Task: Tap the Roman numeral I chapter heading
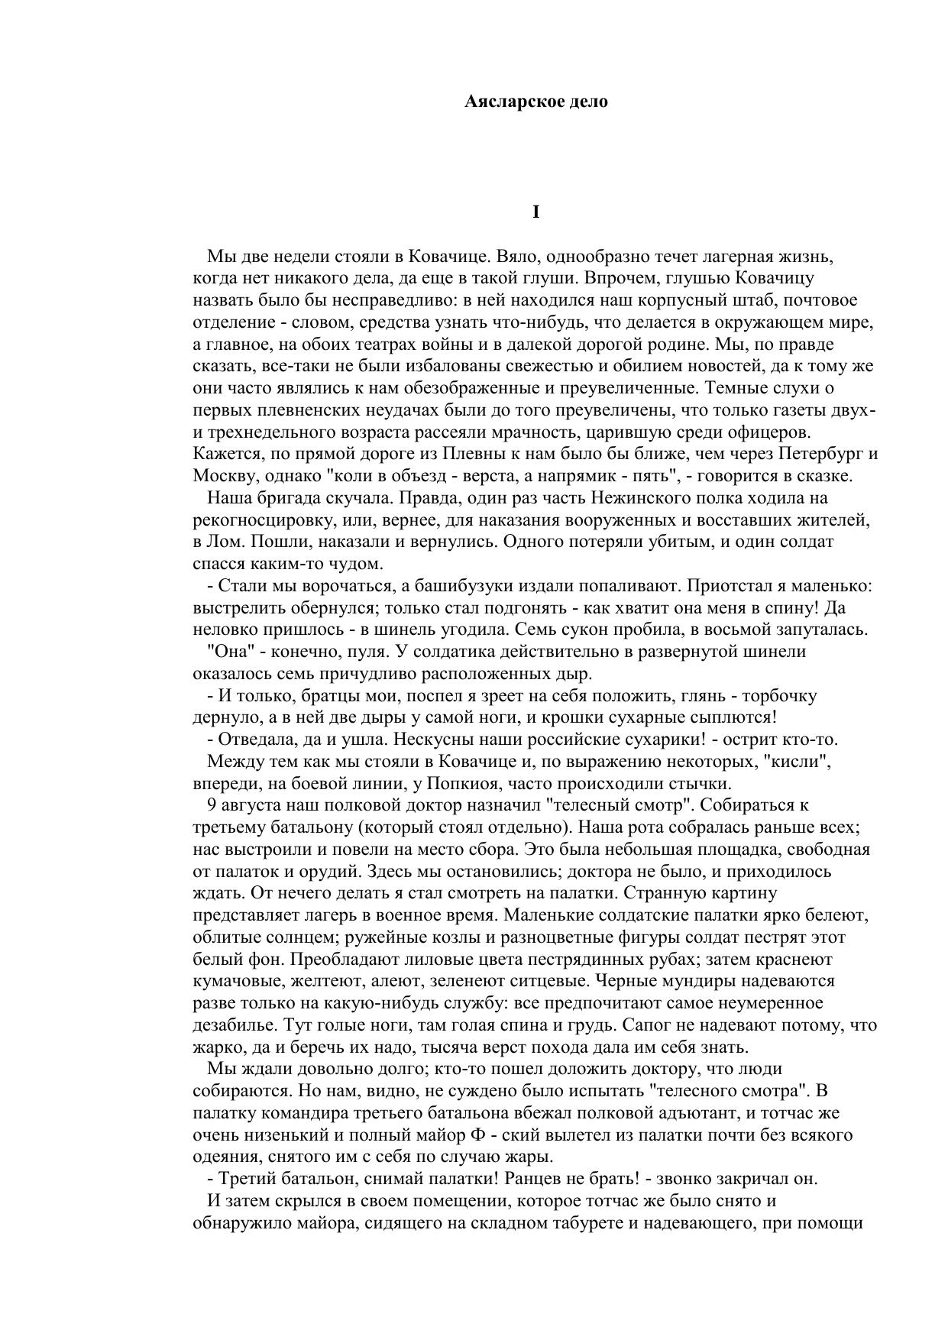[535, 212]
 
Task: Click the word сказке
[825, 476]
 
